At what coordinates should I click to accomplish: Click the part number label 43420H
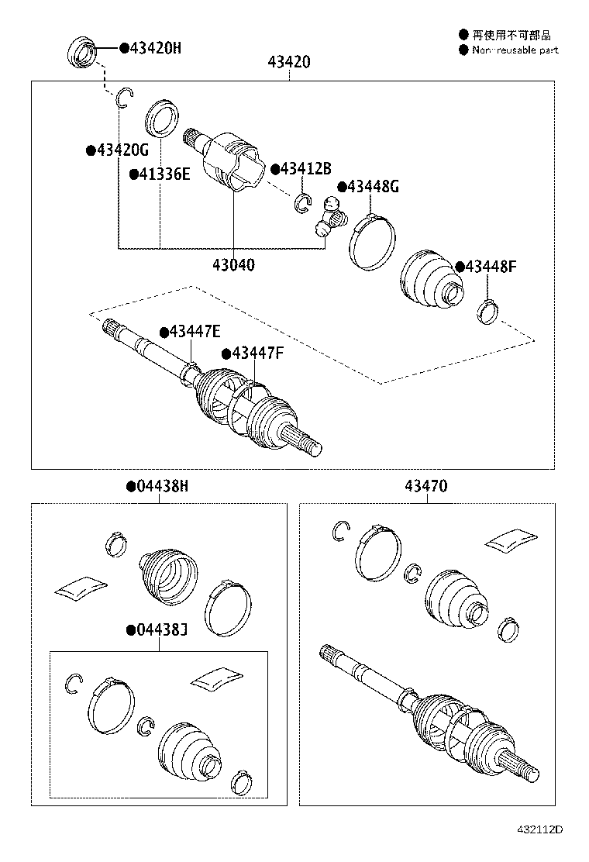coord(155,47)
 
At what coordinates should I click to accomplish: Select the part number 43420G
coord(122,149)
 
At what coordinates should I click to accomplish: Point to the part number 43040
coord(233,264)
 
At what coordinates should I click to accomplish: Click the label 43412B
coord(305,168)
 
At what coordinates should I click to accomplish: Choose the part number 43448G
coord(373,186)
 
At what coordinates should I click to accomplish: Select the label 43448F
coord(490,267)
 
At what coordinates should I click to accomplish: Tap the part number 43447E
coord(195,332)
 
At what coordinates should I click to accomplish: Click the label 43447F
coord(257,353)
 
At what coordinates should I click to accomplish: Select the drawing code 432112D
coord(539,850)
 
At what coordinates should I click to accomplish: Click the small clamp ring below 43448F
coord(487,312)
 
